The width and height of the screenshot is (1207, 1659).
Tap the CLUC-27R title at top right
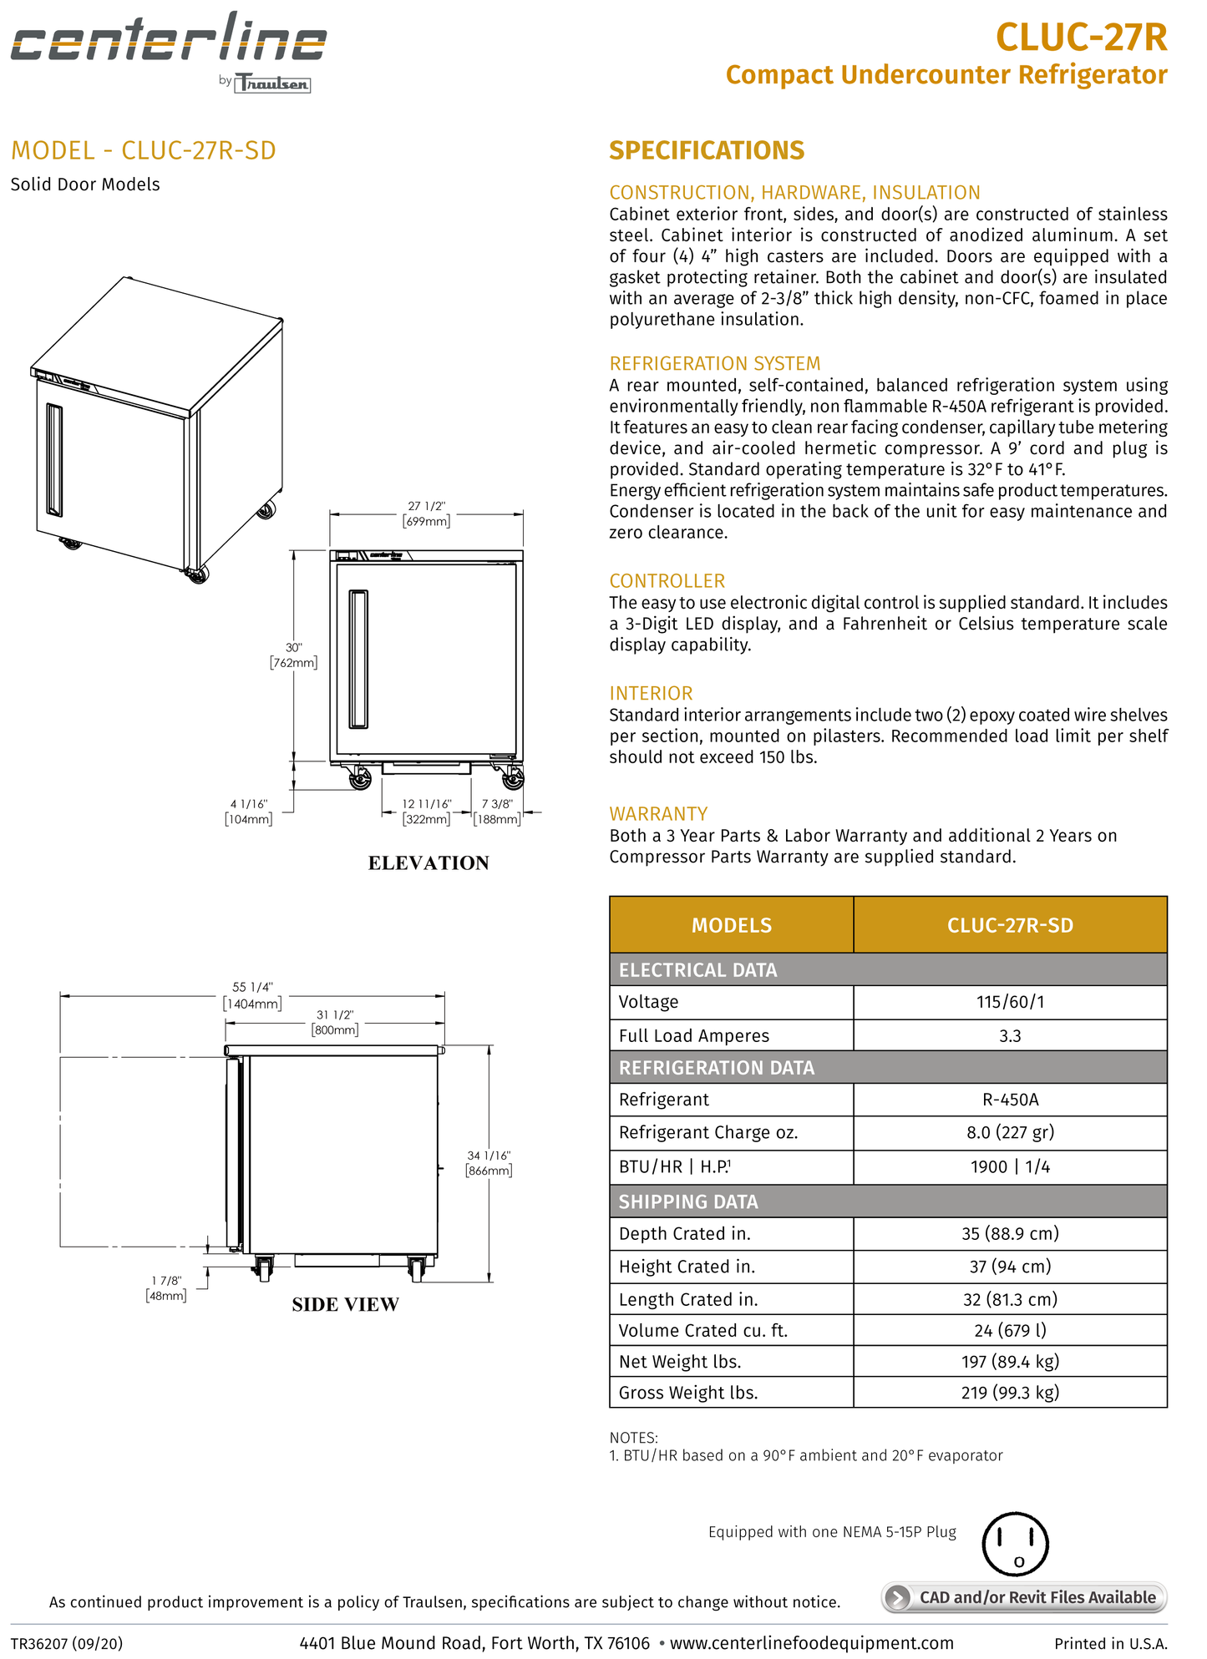coord(1081,37)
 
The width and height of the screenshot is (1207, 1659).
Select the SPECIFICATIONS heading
coord(706,150)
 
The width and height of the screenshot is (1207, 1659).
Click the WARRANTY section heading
coord(658,813)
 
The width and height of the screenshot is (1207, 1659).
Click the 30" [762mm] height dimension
coord(293,655)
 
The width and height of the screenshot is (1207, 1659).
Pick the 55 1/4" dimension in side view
coord(252,994)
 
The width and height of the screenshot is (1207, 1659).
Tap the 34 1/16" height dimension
coord(489,1163)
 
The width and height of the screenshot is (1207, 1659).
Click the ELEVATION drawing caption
coord(429,862)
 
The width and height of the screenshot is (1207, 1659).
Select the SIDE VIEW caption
coord(345,1304)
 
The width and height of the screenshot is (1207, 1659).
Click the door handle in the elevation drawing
coord(358,659)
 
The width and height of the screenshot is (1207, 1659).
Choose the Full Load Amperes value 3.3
coord(1009,1035)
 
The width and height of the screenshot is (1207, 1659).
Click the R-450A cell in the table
coord(1009,1100)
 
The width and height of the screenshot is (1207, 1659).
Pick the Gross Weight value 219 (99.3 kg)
coord(1009,1393)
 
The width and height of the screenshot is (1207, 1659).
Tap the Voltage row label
coord(648,1002)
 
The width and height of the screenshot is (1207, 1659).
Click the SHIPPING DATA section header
coord(688,1201)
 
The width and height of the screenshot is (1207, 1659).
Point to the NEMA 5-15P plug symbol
coord(1015,1544)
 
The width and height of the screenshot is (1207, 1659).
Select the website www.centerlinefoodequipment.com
coord(811,1643)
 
